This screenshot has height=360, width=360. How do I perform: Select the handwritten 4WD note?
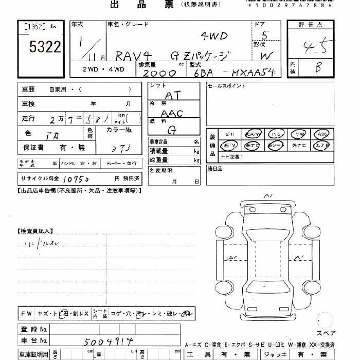click(213, 36)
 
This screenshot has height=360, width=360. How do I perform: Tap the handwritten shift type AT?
click(173, 96)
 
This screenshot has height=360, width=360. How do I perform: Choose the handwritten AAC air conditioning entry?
click(172, 113)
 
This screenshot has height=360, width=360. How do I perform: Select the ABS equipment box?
click(322, 134)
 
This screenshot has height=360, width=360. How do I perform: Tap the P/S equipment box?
click(276, 134)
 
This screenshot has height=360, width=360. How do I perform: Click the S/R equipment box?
click(230, 134)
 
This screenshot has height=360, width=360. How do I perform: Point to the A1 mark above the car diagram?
click(268, 196)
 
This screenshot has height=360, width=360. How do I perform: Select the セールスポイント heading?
click(227, 86)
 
